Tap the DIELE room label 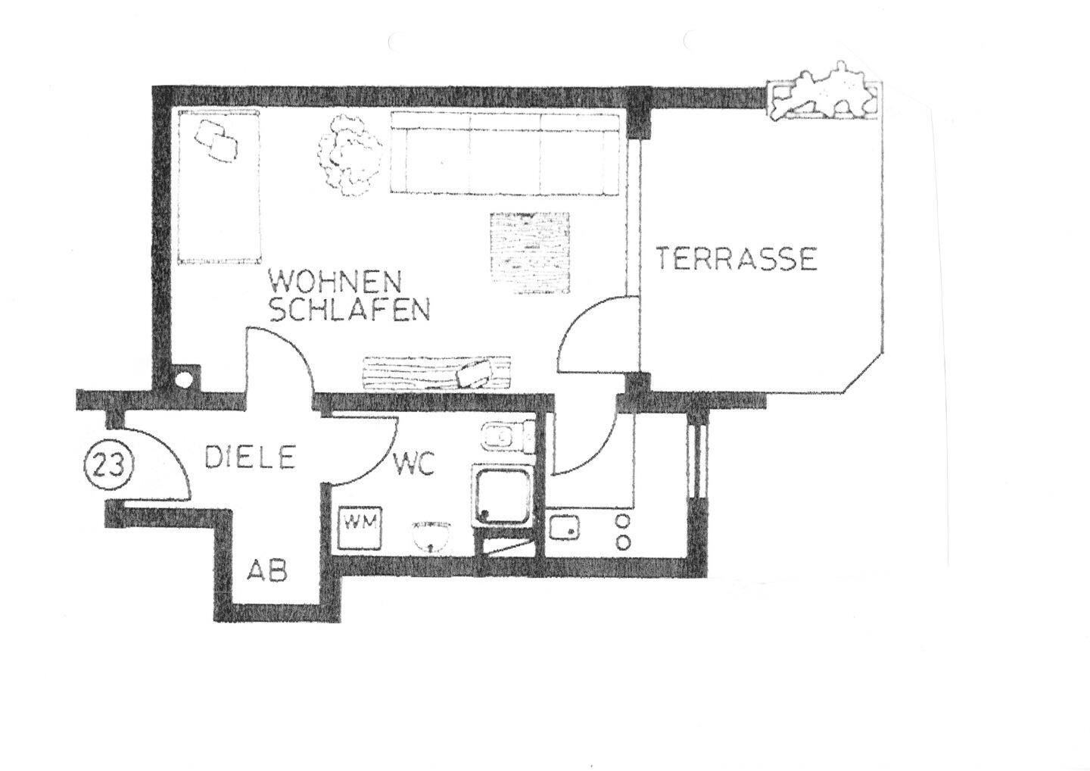point(250,457)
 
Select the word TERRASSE point(736,259)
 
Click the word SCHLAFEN point(350,310)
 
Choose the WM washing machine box point(362,523)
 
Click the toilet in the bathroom point(506,437)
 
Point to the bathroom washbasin point(432,534)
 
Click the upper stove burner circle point(624,521)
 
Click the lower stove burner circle point(624,542)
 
